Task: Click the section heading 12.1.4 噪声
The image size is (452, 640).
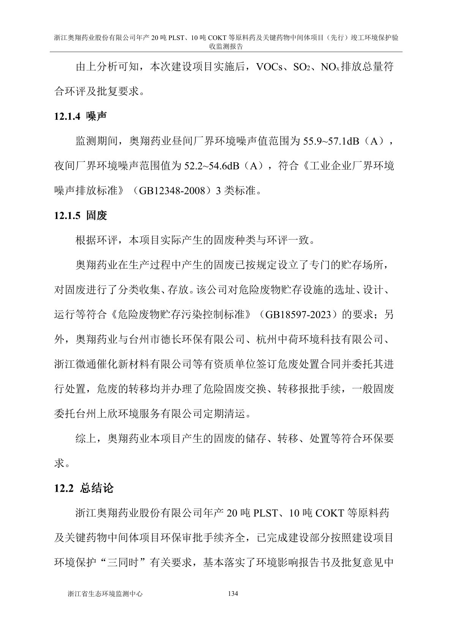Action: tap(80, 116)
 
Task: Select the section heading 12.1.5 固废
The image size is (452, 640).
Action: tap(80, 216)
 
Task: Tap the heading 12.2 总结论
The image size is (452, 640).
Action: tap(84, 488)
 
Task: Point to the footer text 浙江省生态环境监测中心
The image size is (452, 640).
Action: tap(104, 594)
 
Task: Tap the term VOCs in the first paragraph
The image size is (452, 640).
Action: tap(270, 67)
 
